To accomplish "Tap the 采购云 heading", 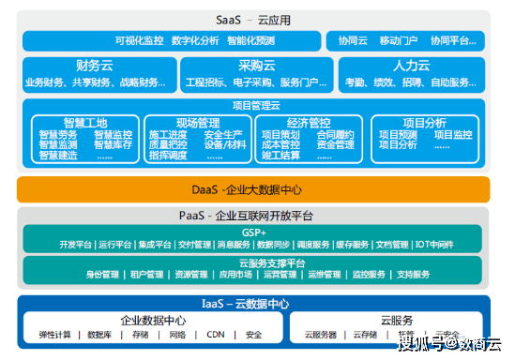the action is coord(256,66).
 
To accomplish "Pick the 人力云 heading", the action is coord(412,66).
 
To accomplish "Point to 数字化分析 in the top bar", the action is coord(196,41).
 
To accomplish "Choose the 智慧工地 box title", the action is coord(85,123).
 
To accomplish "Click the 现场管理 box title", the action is coord(197,123).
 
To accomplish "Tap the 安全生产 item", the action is coord(223,135).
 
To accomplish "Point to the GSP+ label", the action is coord(253,232).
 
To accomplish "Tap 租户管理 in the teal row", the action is coord(146,275).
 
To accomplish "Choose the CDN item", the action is coord(216,335).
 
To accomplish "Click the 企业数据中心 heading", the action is coord(153,320).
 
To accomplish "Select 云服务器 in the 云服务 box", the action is coord(321,335).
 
